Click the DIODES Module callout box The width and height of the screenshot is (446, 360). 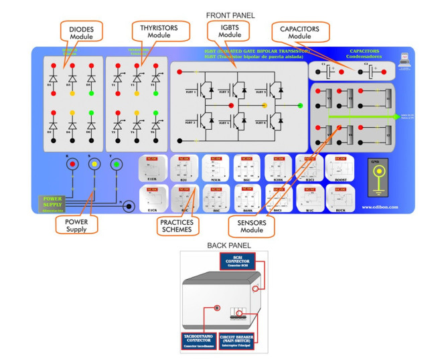point(81,31)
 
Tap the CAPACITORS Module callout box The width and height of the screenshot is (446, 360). point(300,31)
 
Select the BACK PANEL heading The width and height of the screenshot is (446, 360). point(224,246)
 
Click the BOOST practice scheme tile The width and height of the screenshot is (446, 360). point(340,167)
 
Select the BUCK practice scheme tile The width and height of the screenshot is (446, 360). point(340,198)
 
